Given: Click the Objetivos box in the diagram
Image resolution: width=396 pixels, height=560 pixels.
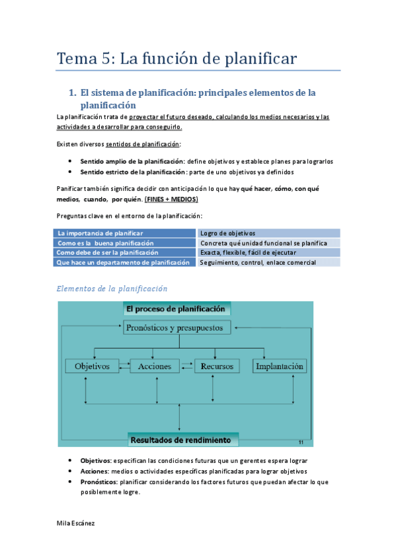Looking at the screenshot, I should point(92,366).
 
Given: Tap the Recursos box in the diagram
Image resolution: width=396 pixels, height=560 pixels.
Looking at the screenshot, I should point(217,366).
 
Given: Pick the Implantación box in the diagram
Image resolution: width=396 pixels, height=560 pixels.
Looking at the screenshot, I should point(280,366).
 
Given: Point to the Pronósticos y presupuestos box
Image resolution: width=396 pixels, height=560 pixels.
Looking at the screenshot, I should point(178,328).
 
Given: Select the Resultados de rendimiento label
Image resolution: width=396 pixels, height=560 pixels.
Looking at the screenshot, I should point(180,440).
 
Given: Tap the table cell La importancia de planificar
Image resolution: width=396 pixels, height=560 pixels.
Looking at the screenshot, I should point(100,233).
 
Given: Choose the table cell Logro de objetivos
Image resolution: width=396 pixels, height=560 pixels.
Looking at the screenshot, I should point(227,233).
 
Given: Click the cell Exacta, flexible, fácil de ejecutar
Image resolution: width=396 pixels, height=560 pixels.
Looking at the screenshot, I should point(248,252).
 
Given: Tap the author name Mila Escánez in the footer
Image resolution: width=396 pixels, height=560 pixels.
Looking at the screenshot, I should point(76,523).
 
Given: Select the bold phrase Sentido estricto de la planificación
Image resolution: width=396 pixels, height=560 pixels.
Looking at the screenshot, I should point(132,171).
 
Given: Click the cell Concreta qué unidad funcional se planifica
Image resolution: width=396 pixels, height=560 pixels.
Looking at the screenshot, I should point(263,243).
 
